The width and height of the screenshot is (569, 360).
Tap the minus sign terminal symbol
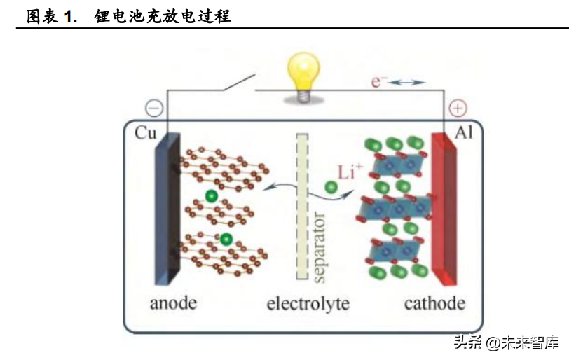[154, 109]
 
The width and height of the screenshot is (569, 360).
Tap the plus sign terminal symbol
[457, 109]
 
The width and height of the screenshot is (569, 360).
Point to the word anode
[173, 304]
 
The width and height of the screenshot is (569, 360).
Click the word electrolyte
[308, 304]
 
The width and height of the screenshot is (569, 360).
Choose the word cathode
[434, 304]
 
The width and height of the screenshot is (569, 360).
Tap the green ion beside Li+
[330, 188]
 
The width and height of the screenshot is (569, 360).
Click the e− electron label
[379, 82]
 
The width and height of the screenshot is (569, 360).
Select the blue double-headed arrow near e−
[407, 83]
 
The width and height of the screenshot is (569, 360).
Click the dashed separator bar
[302, 206]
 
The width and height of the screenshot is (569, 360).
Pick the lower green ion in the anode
[226, 240]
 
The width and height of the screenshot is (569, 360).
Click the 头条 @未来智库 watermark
[506, 342]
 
